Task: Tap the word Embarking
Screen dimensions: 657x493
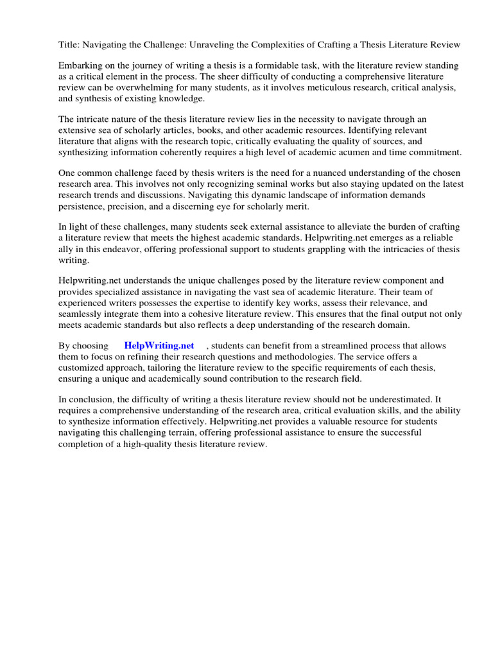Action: pyautogui.click(x=82, y=66)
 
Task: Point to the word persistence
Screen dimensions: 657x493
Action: pyautogui.click(x=82, y=206)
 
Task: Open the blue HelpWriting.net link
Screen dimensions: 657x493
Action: pyautogui.click(x=159, y=346)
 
